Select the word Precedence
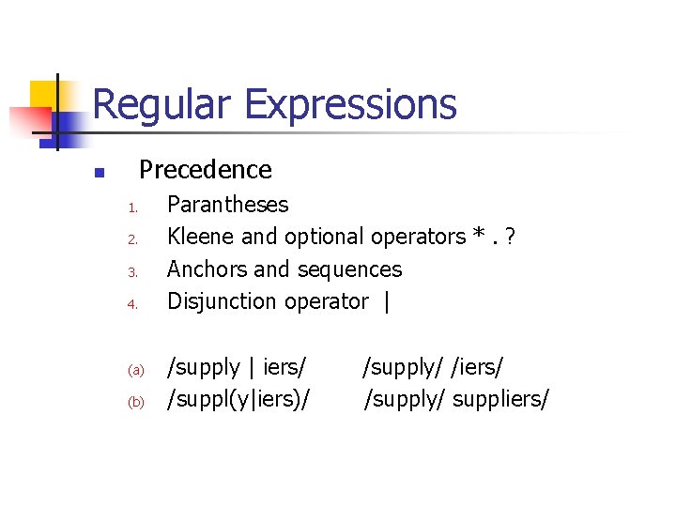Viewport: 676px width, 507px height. click(205, 170)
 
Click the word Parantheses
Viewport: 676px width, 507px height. click(227, 205)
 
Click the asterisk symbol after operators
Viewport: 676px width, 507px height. click(481, 235)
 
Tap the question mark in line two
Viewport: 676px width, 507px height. click(510, 237)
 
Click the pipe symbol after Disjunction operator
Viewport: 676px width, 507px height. click(387, 302)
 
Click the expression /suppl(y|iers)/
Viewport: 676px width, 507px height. click(238, 400)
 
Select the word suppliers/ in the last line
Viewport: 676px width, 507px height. click(500, 400)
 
